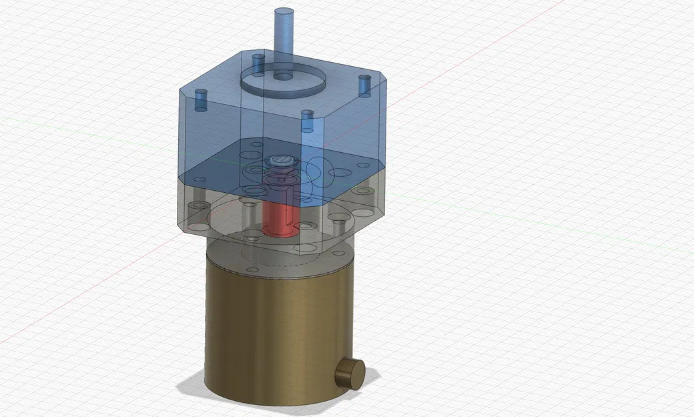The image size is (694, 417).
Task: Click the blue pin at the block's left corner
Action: (201, 101)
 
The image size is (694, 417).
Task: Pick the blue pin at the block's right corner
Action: (364, 85)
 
